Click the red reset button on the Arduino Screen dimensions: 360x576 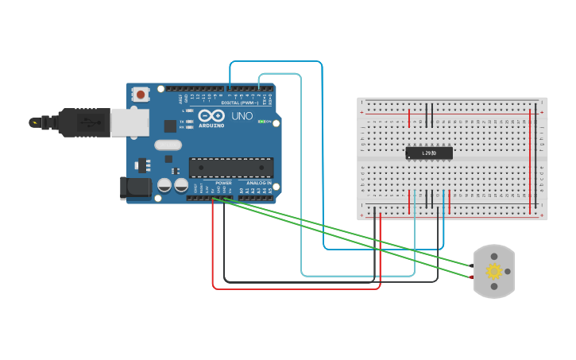141,95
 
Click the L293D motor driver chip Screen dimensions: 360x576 429,153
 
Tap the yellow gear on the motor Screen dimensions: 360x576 494,271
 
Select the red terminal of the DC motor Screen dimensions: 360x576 472,277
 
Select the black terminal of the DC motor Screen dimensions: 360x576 472,265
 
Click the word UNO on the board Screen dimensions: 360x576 241,116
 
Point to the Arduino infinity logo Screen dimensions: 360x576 211,116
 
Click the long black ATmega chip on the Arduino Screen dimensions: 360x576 230,167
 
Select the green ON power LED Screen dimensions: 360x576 261,122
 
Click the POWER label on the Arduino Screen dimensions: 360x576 223,183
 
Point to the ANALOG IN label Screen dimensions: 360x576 259,183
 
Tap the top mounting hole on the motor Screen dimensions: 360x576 494,256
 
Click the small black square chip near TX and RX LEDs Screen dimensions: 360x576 170,126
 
